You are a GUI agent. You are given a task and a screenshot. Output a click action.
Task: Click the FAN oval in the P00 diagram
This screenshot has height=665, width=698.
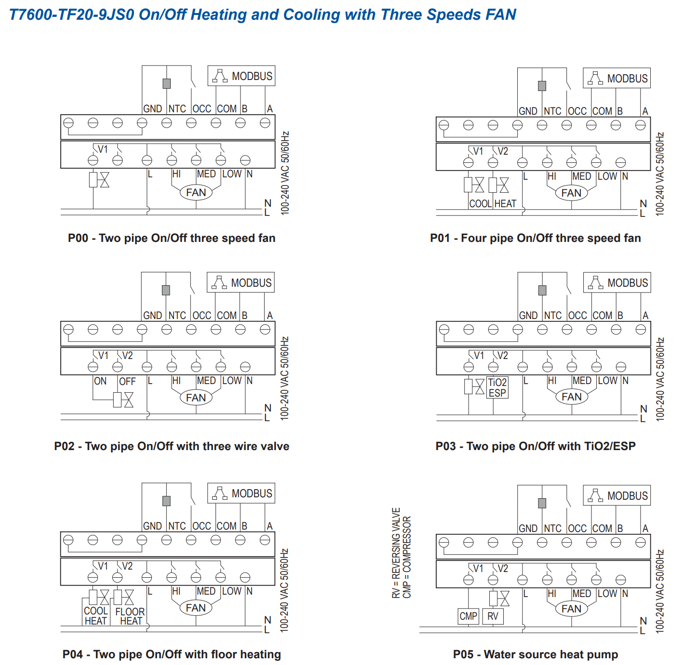click(x=196, y=193)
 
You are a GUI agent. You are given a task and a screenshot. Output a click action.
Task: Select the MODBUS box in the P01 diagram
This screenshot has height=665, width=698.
click(x=617, y=78)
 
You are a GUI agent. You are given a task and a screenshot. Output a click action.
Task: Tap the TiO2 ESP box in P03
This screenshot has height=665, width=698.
click(x=497, y=388)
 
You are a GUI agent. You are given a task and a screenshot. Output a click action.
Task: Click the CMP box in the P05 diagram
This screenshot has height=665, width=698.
click(x=468, y=616)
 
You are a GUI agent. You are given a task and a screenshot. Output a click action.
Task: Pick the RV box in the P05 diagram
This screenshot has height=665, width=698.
click(x=493, y=616)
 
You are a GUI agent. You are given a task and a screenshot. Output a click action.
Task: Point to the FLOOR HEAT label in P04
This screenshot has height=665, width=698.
click(x=130, y=616)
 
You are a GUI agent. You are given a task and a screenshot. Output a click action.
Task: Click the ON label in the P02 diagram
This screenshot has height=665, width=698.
click(x=100, y=381)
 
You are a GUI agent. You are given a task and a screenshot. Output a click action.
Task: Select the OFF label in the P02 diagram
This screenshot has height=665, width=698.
click(x=127, y=382)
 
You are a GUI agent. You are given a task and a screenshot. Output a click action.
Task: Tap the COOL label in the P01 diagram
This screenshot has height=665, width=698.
click(x=480, y=204)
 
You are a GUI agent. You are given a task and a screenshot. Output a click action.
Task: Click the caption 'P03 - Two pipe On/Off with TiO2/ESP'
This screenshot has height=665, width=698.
click(x=536, y=446)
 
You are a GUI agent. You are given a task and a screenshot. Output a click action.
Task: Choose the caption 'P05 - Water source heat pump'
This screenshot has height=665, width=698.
click(x=536, y=654)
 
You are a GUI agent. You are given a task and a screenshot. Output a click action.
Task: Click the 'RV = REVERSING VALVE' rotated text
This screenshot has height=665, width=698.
click(x=396, y=553)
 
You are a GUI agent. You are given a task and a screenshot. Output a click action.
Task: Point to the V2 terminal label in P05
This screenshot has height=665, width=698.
click(x=503, y=569)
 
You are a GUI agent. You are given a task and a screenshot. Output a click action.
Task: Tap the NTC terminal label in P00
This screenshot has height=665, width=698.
click(x=177, y=109)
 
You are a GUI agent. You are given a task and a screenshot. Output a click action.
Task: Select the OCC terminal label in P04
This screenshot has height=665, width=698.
click(x=201, y=526)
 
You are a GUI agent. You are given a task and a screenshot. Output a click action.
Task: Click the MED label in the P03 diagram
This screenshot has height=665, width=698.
click(x=582, y=381)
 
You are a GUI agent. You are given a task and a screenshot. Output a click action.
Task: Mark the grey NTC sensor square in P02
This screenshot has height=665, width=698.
click(x=166, y=290)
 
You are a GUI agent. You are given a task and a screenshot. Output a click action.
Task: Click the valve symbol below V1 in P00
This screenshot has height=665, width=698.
click(x=99, y=180)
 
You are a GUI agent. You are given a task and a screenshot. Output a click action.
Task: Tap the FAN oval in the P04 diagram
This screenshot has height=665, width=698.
click(x=196, y=608)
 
